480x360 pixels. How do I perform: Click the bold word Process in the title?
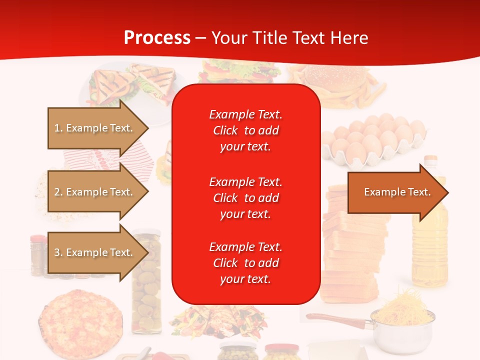point(157,38)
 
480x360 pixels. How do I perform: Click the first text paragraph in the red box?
point(245,130)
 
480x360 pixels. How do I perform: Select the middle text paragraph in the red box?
point(245,197)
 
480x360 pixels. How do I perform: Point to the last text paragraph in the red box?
point(245,263)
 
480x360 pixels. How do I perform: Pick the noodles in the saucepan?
point(404,304)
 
